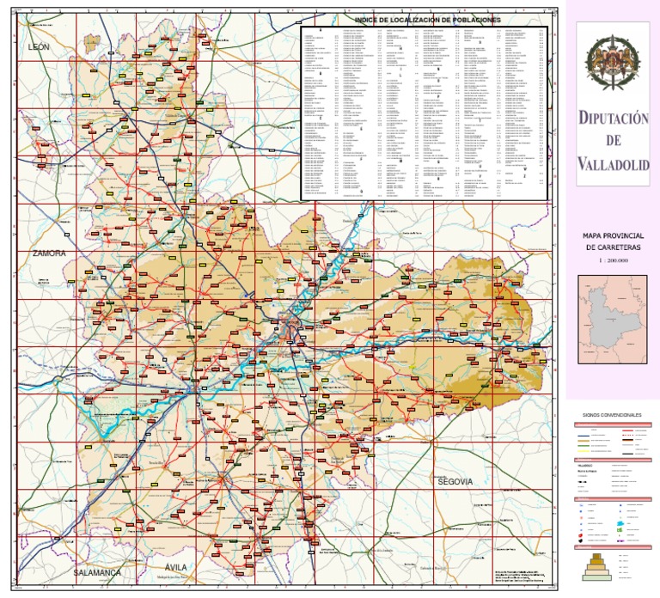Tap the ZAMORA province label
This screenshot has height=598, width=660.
click(x=48, y=253)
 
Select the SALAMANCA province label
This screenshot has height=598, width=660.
click(x=97, y=571)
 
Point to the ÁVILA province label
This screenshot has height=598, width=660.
click(x=175, y=567)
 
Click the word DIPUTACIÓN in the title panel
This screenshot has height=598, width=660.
click(x=613, y=120)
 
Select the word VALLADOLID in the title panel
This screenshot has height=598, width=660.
click(x=613, y=163)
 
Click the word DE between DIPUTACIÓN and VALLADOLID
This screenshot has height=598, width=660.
click(x=613, y=142)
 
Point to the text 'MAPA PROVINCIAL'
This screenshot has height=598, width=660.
click(x=613, y=235)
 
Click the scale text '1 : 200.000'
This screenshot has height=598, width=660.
click(x=613, y=259)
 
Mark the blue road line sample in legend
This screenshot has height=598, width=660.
click(x=590, y=436)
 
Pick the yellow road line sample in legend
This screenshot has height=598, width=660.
click(x=590, y=442)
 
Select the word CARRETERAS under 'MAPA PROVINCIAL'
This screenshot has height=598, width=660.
click(x=613, y=247)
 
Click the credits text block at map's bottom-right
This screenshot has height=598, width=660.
click(x=350, y=574)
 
